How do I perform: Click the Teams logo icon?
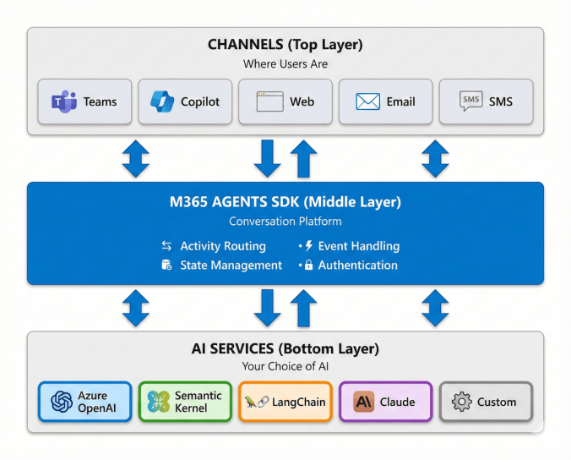64,102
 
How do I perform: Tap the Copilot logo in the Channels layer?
162,101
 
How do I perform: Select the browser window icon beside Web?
269,102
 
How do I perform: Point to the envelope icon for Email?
367,102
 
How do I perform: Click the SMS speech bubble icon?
470,101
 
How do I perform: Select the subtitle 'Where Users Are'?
285,64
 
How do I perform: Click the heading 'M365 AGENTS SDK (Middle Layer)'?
285,202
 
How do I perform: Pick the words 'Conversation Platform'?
285,222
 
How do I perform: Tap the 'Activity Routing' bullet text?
223,246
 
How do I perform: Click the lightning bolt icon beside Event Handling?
308,246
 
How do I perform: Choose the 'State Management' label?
231,266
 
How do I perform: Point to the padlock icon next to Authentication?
309,266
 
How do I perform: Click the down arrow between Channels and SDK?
268,158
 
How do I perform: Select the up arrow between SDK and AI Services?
302,308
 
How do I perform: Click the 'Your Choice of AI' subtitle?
285,366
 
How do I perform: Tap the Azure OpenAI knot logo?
63,402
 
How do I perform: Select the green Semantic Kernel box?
185,402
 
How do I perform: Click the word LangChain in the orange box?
298,402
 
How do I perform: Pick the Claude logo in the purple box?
364,402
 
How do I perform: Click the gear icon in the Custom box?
461,402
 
